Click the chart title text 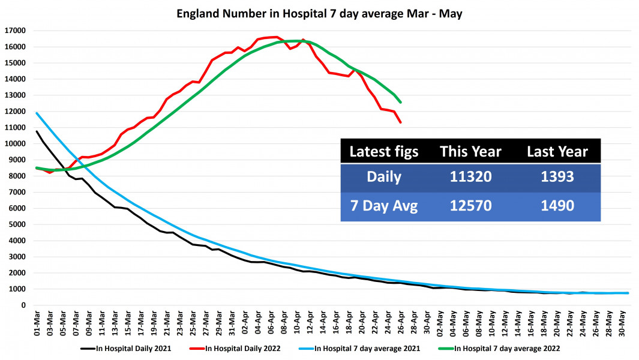[319, 13]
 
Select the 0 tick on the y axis [23, 305]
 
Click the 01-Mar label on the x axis [37, 323]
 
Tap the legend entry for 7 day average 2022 [508, 347]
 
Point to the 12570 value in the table [470, 206]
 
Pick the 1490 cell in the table [557, 206]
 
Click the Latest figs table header [384, 152]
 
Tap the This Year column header [470, 152]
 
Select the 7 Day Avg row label [384, 206]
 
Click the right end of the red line [400, 122]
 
